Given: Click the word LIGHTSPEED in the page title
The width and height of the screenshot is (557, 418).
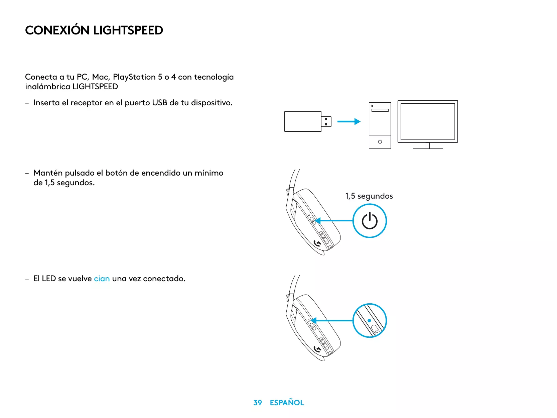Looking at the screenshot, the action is click(x=128, y=30).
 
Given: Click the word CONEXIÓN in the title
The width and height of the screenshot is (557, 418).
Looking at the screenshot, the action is click(x=57, y=30).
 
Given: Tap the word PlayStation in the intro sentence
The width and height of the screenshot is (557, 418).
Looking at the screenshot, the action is click(x=134, y=77).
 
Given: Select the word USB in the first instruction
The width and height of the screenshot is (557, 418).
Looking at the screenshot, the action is click(x=159, y=103).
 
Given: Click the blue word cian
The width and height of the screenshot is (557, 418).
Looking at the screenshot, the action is click(x=102, y=279).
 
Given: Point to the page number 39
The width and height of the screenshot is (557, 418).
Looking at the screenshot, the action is click(x=258, y=403).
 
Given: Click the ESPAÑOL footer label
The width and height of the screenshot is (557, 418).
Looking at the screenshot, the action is click(x=287, y=403).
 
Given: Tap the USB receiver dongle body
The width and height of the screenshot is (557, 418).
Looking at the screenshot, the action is click(x=303, y=121).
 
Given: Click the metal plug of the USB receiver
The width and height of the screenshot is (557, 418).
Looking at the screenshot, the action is click(x=326, y=121).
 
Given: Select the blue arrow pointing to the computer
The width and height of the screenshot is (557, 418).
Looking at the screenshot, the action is click(x=349, y=121).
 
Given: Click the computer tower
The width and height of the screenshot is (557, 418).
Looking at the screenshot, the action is click(x=380, y=125).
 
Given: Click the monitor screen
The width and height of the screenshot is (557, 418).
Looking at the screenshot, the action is click(x=428, y=121).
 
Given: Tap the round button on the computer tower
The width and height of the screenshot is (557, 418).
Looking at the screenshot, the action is click(x=380, y=142).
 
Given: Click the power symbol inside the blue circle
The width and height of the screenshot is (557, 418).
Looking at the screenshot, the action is click(x=370, y=221).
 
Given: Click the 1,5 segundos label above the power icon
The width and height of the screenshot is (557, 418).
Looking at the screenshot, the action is click(x=369, y=196).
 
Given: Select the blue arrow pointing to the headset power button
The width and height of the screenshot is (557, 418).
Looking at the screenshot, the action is click(x=334, y=221).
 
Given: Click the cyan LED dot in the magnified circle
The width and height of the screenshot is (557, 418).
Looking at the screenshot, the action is click(x=369, y=320).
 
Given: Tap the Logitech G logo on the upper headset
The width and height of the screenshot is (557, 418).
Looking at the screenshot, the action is click(x=317, y=243).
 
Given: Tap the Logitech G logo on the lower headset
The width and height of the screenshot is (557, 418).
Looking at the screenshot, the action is click(x=317, y=349).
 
